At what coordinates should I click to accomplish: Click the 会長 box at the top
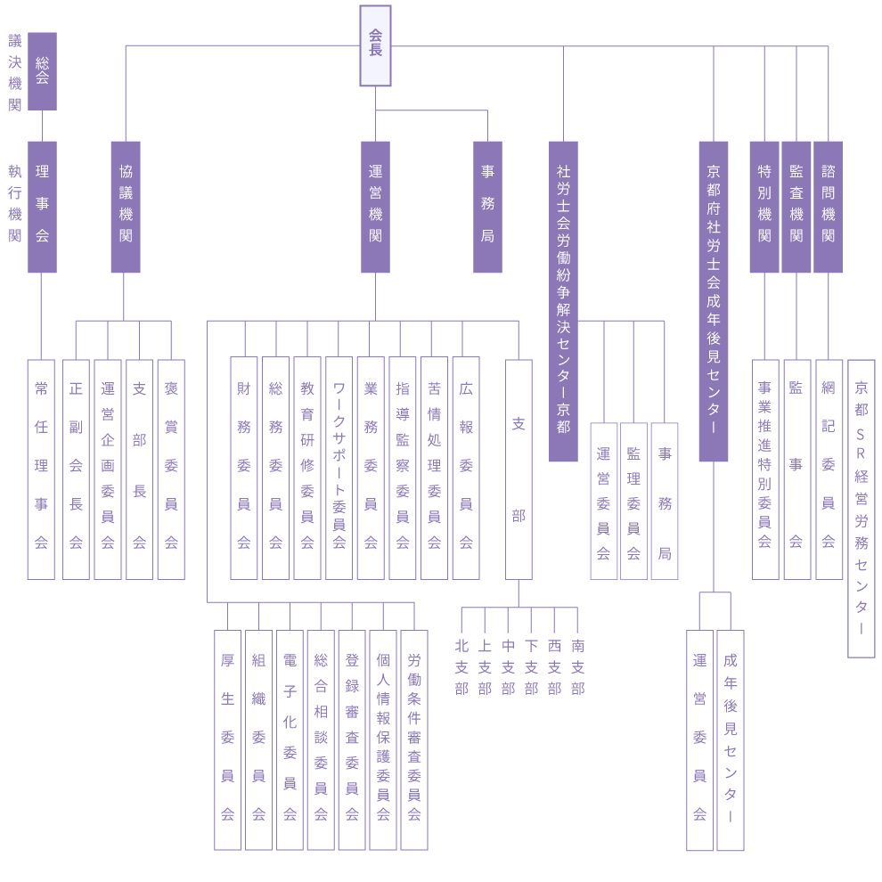[x=375, y=45]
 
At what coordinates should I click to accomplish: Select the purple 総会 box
[x=42, y=71]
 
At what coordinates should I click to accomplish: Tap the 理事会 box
[x=42, y=207]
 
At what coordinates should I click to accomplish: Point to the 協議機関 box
[x=126, y=207]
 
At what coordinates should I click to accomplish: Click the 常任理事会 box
[x=41, y=470]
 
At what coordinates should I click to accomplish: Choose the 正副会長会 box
[x=76, y=470]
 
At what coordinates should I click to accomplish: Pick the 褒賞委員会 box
[x=171, y=470]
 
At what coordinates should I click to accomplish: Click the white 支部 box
[x=519, y=470]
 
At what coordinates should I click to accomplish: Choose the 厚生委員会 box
[x=228, y=739]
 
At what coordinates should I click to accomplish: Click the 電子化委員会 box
[x=290, y=739]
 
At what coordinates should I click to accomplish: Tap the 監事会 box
[x=796, y=470]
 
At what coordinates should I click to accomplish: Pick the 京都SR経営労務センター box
[x=861, y=508]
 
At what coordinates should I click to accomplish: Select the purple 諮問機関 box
[x=828, y=207]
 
